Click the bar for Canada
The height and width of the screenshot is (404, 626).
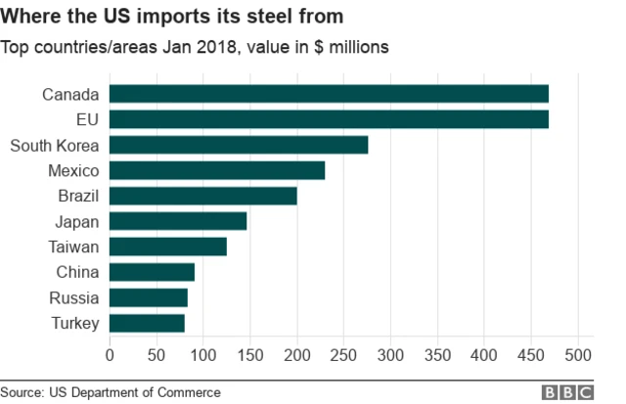click(328, 94)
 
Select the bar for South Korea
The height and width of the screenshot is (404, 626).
click(238, 145)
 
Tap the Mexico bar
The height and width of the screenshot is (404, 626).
click(216, 170)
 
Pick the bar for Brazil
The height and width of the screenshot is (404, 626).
click(202, 196)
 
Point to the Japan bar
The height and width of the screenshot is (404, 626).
click(177, 221)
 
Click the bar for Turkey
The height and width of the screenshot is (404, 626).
click(146, 323)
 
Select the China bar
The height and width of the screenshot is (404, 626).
click(152, 272)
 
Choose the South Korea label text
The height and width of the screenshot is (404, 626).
click(55, 145)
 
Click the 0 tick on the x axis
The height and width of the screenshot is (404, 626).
click(109, 354)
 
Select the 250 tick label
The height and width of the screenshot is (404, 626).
click(343, 354)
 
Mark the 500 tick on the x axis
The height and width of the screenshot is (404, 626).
click(578, 354)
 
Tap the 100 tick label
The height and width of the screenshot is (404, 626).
click(202, 354)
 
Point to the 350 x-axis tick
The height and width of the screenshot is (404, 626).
click(437, 354)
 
